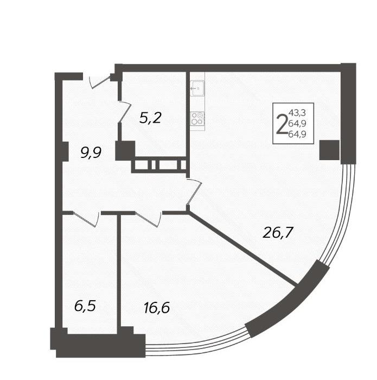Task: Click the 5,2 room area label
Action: pos(150,118)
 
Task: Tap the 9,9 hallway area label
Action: pos(91,153)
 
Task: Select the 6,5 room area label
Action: pos(85,306)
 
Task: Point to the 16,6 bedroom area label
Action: pos(157,308)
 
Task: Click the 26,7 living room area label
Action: pos(278,232)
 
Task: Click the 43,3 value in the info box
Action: pos(297,113)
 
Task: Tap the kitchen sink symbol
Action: pos(197,88)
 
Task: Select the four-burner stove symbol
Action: pos(197,118)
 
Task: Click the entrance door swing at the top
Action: pos(100,83)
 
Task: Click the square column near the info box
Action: pos(329,150)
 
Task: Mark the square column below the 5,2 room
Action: pos(125,150)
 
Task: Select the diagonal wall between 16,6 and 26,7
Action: pos(243,249)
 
